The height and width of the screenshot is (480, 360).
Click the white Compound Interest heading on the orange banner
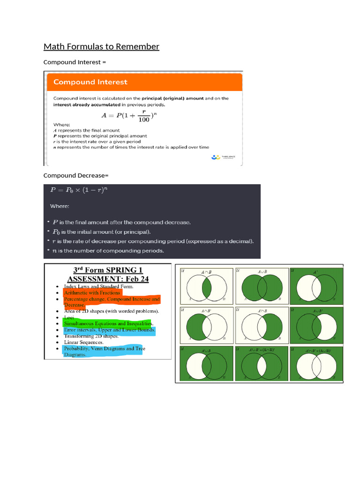tap(90, 82)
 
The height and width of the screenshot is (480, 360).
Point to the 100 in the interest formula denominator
tap(144, 120)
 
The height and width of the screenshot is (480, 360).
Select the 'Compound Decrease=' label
tap(75, 175)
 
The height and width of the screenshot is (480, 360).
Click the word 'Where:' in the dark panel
tap(60, 206)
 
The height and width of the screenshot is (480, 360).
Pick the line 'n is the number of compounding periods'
tap(108, 251)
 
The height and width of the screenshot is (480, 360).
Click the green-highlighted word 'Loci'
tap(69, 317)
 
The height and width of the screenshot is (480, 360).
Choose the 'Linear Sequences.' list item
tap(83, 342)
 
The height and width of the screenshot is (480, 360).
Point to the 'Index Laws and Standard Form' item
tap(98, 286)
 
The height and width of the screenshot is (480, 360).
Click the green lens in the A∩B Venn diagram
tap(206, 286)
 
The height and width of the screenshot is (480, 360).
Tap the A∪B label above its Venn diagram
tap(262, 271)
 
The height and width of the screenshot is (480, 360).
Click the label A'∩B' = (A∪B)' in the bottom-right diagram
tap(318, 350)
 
